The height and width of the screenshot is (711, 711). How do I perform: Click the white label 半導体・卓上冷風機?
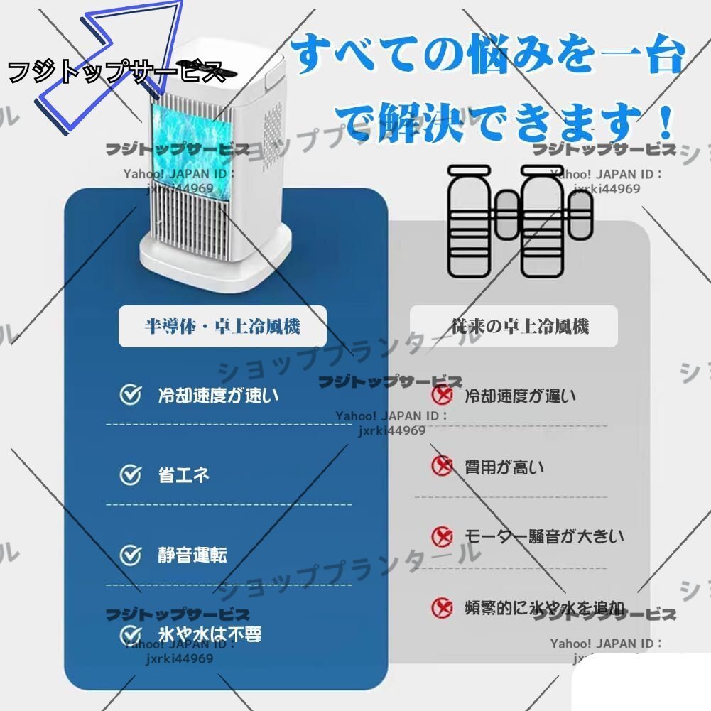(x=222, y=326)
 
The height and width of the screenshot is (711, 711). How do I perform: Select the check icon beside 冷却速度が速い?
(x=130, y=395)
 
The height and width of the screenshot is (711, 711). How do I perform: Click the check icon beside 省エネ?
(x=130, y=474)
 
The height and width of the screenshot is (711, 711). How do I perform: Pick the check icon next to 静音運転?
(x=130, y=555)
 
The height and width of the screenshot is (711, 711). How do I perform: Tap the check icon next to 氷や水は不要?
(x=130, y=634)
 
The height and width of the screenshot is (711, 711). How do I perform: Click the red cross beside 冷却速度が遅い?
(x=443, y=394)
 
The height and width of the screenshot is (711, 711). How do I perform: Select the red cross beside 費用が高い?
(x=443, y=466)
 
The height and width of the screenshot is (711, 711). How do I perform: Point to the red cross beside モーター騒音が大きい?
(x=443, y=536)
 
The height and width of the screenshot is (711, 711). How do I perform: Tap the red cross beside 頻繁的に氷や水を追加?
(x=443, y=607)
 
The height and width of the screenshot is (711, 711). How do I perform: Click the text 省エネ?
(x=183, y=474)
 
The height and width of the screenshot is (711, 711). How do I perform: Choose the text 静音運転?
(x=192, y=555)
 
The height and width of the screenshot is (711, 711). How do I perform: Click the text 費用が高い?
(x=504, y=467)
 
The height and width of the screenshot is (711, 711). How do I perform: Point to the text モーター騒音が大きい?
(x=544, y=536)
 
